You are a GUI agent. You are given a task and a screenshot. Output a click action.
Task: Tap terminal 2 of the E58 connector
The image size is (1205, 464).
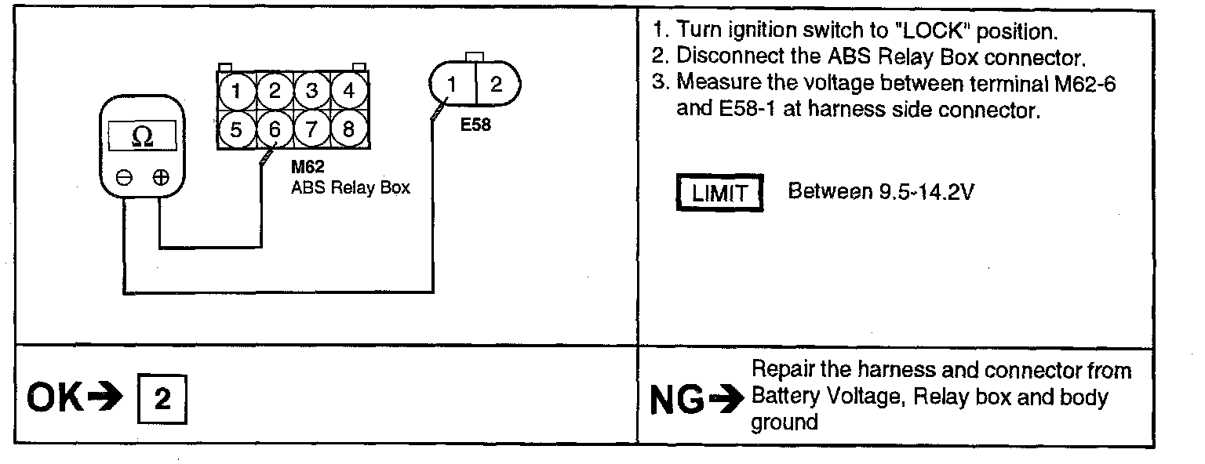tap(495, 84)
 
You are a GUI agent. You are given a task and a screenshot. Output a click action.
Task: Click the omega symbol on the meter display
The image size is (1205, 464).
tap(143, 137)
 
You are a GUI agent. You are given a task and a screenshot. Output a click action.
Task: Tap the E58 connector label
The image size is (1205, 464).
tap(475, 125)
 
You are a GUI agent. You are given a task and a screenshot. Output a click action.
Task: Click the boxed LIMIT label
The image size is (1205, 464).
tap(719, 193)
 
